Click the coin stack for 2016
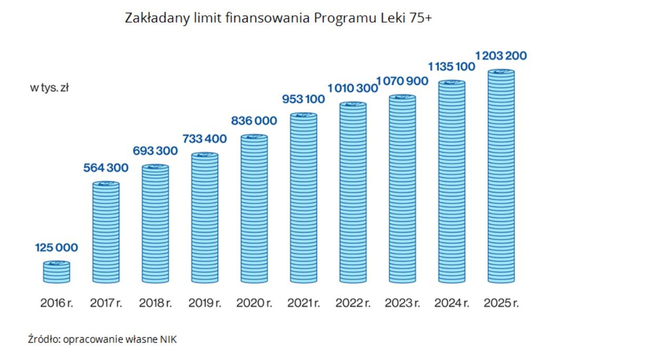click(x=56, y=271)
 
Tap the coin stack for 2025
click(x=501, y=176)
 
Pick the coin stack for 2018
click(x=155, y=223)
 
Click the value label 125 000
click(x=56, y=248)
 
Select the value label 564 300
click(x=106, y=168)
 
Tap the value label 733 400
click(x=204, y=139)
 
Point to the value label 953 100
click(x=303, y=99)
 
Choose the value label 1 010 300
click(x=353, y=88)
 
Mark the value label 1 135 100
click(x=451, y=67)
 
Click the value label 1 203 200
click(x=501, y=56)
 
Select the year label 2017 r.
click(x=106, y=304)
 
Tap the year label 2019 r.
click(x=204, y=304)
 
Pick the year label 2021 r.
click(x=303, y=304)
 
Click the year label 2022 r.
click(x=353, y=304)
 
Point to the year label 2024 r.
click(x=452, y=304)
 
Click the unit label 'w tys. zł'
click(x=49, y=88)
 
